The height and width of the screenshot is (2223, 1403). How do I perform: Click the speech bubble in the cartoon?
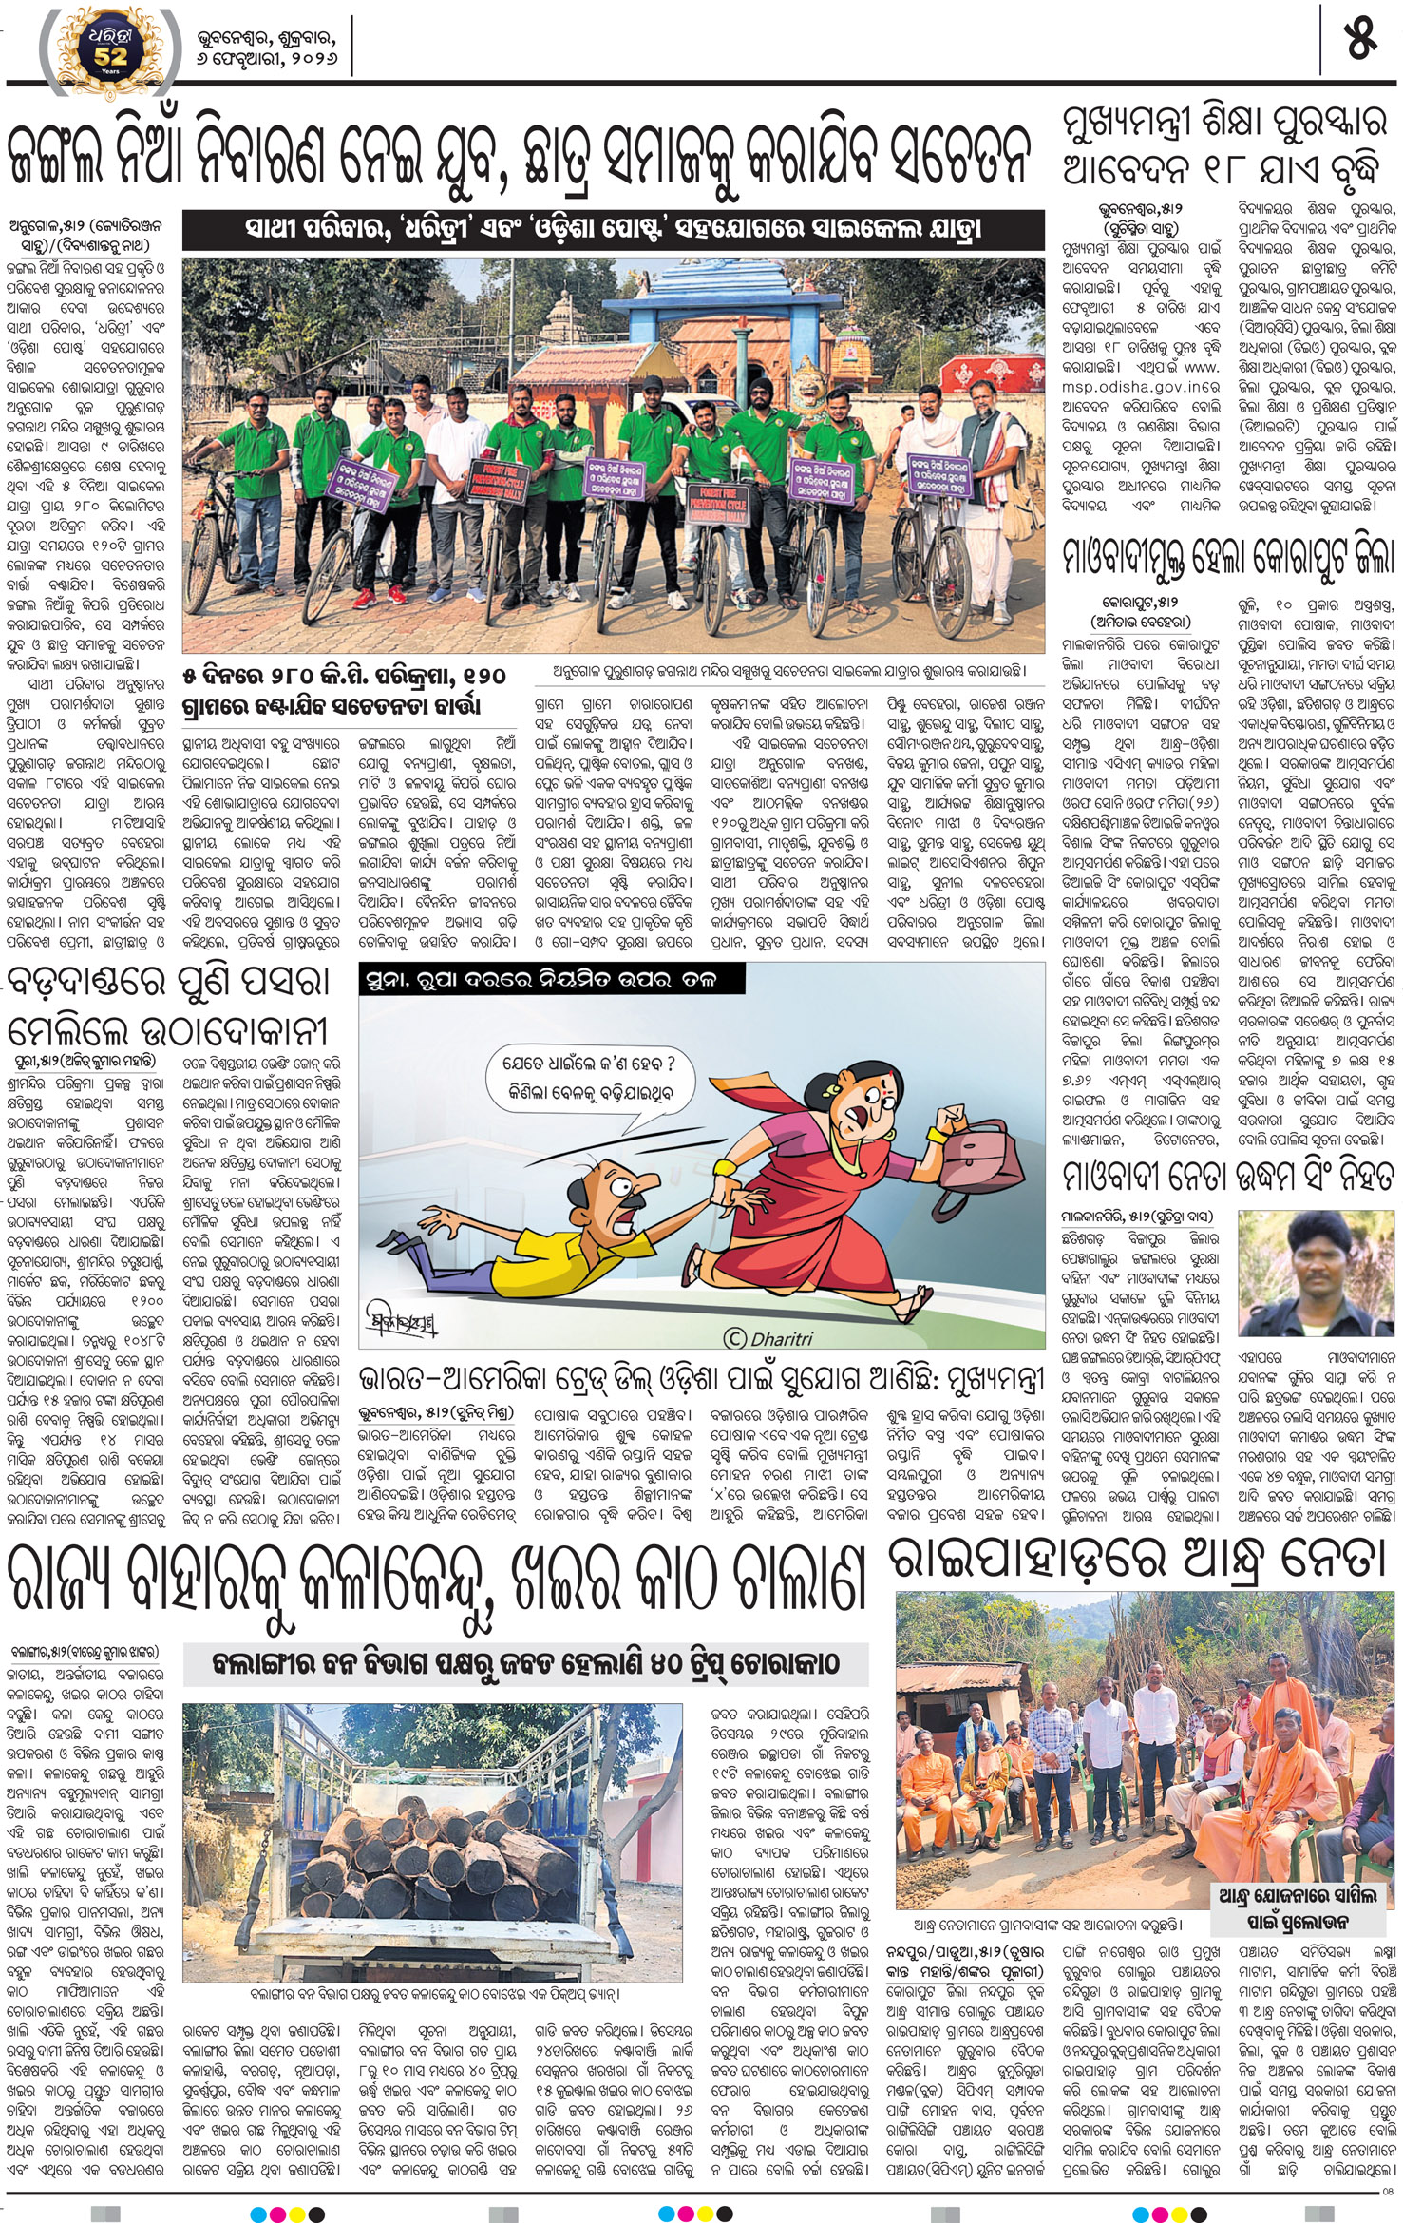pos(591,1078)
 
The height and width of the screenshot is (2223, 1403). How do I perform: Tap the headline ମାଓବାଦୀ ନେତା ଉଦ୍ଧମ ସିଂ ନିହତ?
pos(1228,1177)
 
